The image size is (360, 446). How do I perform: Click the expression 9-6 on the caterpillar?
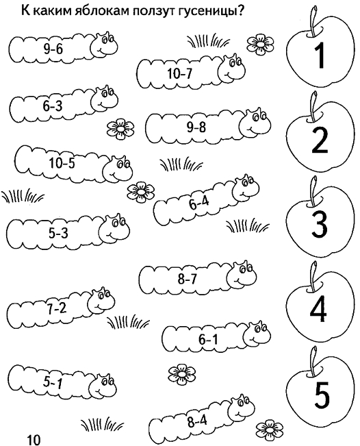click(x=53, y=49)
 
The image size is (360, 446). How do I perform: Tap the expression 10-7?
click(x=179, y=74)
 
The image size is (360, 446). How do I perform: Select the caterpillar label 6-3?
click(x=52, y=106)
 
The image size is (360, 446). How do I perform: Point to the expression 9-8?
click(x=196, y=127)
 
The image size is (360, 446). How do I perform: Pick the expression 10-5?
click(x=62, y=163)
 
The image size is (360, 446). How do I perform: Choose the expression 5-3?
click(x=58, y=234)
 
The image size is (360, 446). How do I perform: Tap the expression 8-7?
click(x=187, y=279)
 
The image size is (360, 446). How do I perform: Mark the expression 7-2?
click(x=57, y=309)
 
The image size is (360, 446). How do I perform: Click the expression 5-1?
click(x=53, y=383)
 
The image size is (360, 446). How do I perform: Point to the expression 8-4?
click(x=197, y=421)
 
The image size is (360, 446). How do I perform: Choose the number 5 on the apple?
click(x=322, y=395)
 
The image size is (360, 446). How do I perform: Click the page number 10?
click(x=34, y=440)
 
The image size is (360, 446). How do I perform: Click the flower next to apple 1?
click(x=259, y=44)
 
